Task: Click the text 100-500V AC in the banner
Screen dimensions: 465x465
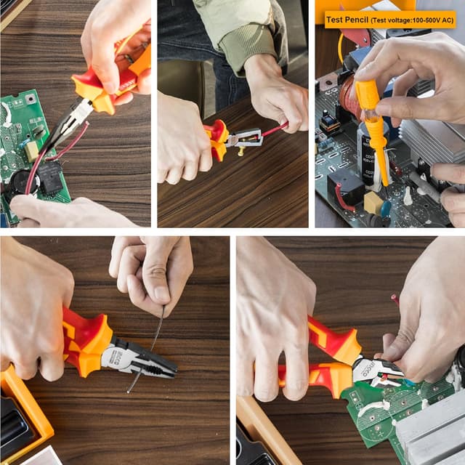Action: coord(429,20)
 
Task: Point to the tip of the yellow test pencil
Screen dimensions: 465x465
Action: coord(384,182)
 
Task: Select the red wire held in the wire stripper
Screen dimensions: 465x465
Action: coord(275,129)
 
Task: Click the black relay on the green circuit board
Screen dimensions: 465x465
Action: coord(49,174)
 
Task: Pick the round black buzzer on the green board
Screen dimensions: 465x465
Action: coord(18,182)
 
